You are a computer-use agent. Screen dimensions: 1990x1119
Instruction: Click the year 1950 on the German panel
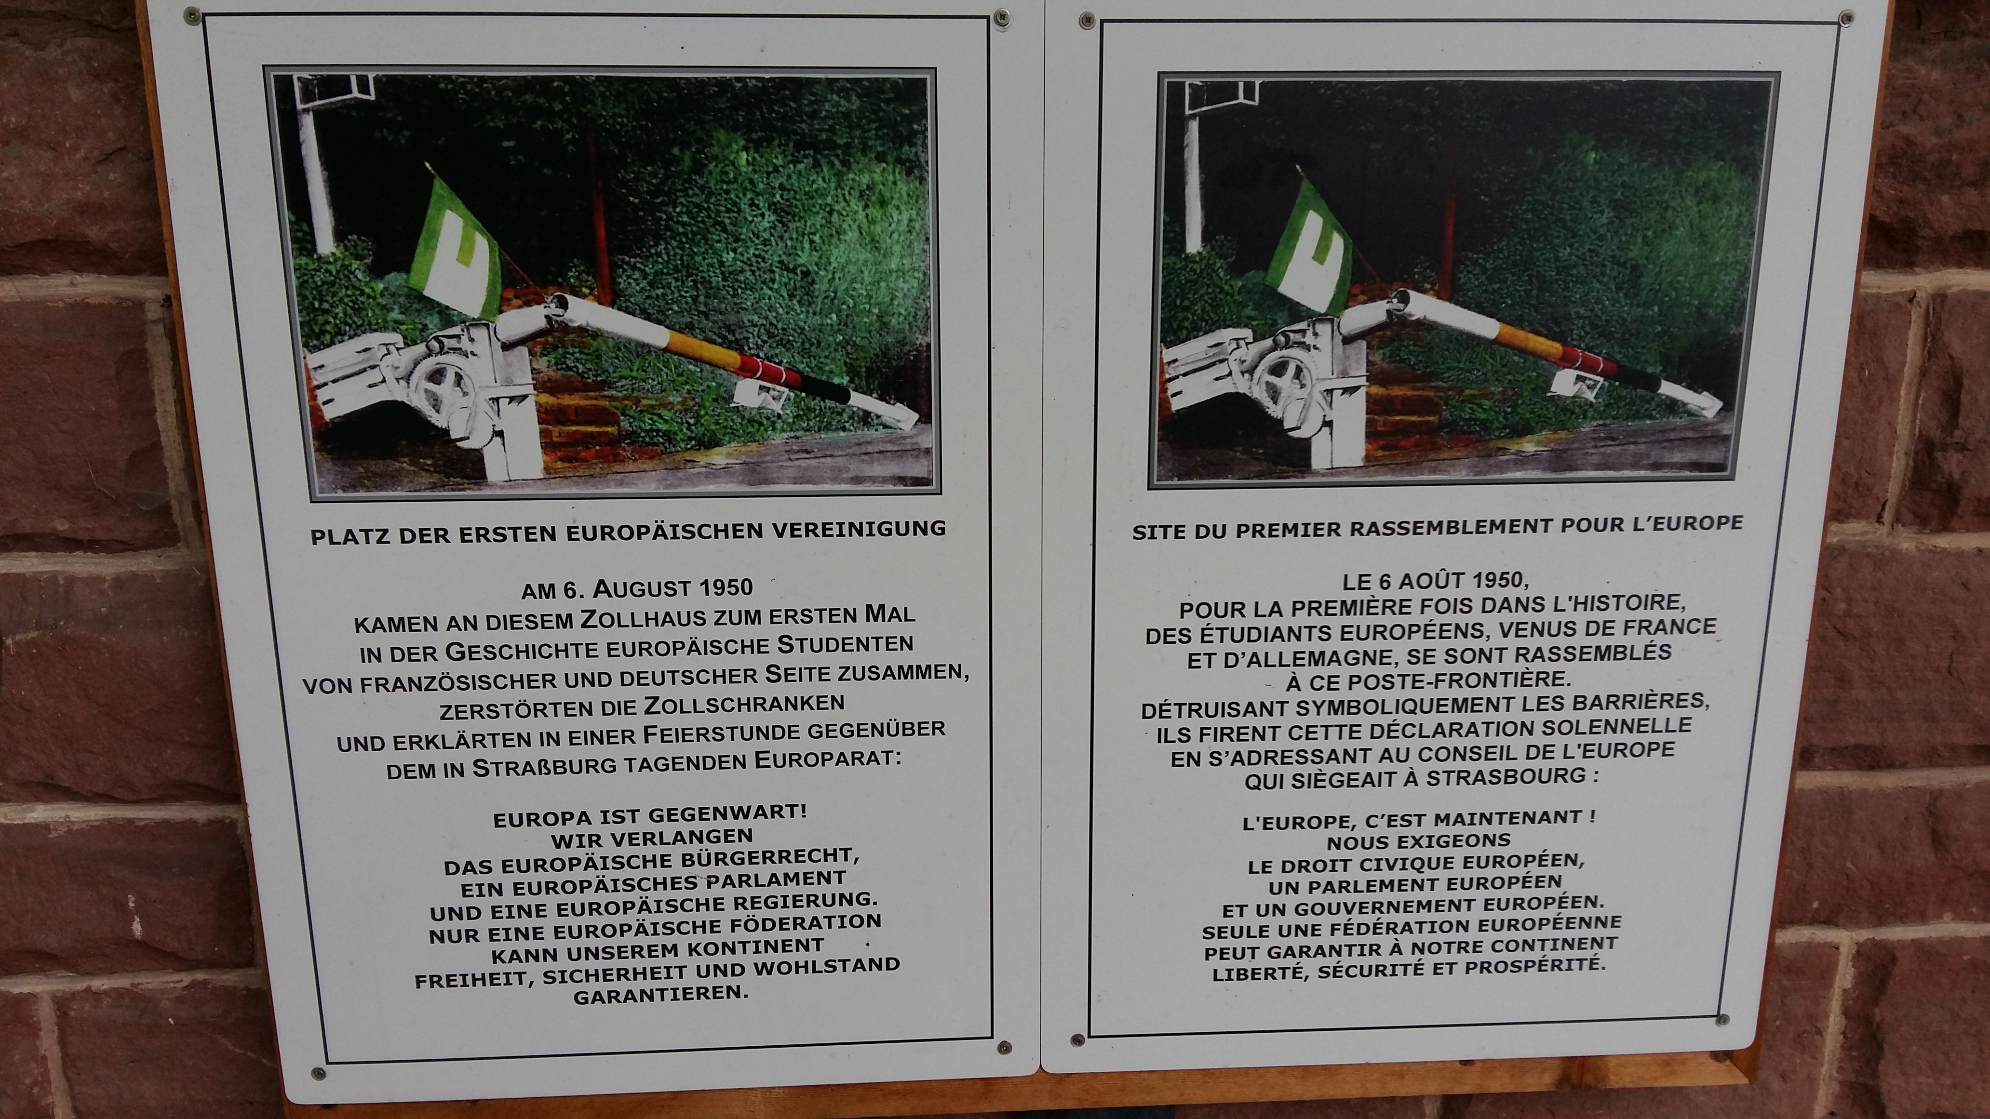coord(726,587)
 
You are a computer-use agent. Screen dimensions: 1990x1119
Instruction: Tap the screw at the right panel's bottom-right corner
coord(1722,1019)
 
